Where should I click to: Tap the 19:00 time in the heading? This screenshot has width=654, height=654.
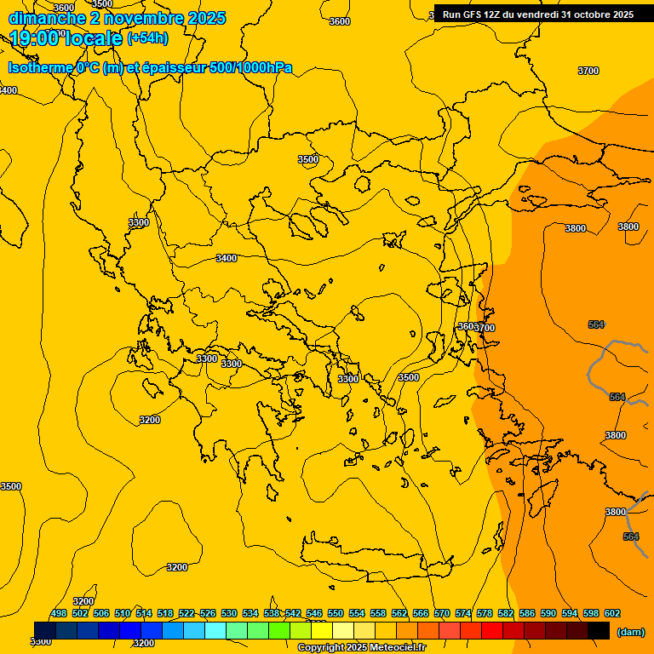(35, 37)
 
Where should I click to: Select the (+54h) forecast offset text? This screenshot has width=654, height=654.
(147, 38)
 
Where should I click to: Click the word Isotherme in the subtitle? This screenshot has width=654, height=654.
(40, 68)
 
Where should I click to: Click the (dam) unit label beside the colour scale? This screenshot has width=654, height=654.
(630, 632)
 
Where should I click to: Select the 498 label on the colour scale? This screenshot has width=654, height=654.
(59, 613)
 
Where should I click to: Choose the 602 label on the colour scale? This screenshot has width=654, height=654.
(612, 613)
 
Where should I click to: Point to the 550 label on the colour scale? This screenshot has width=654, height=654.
(336, 613)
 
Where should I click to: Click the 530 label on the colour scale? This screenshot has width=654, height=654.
(229, 613)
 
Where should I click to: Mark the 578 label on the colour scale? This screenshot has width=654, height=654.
(485, 613)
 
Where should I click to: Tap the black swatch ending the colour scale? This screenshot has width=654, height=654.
(598, 630)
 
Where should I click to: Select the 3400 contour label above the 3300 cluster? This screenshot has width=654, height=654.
(227, 258)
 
